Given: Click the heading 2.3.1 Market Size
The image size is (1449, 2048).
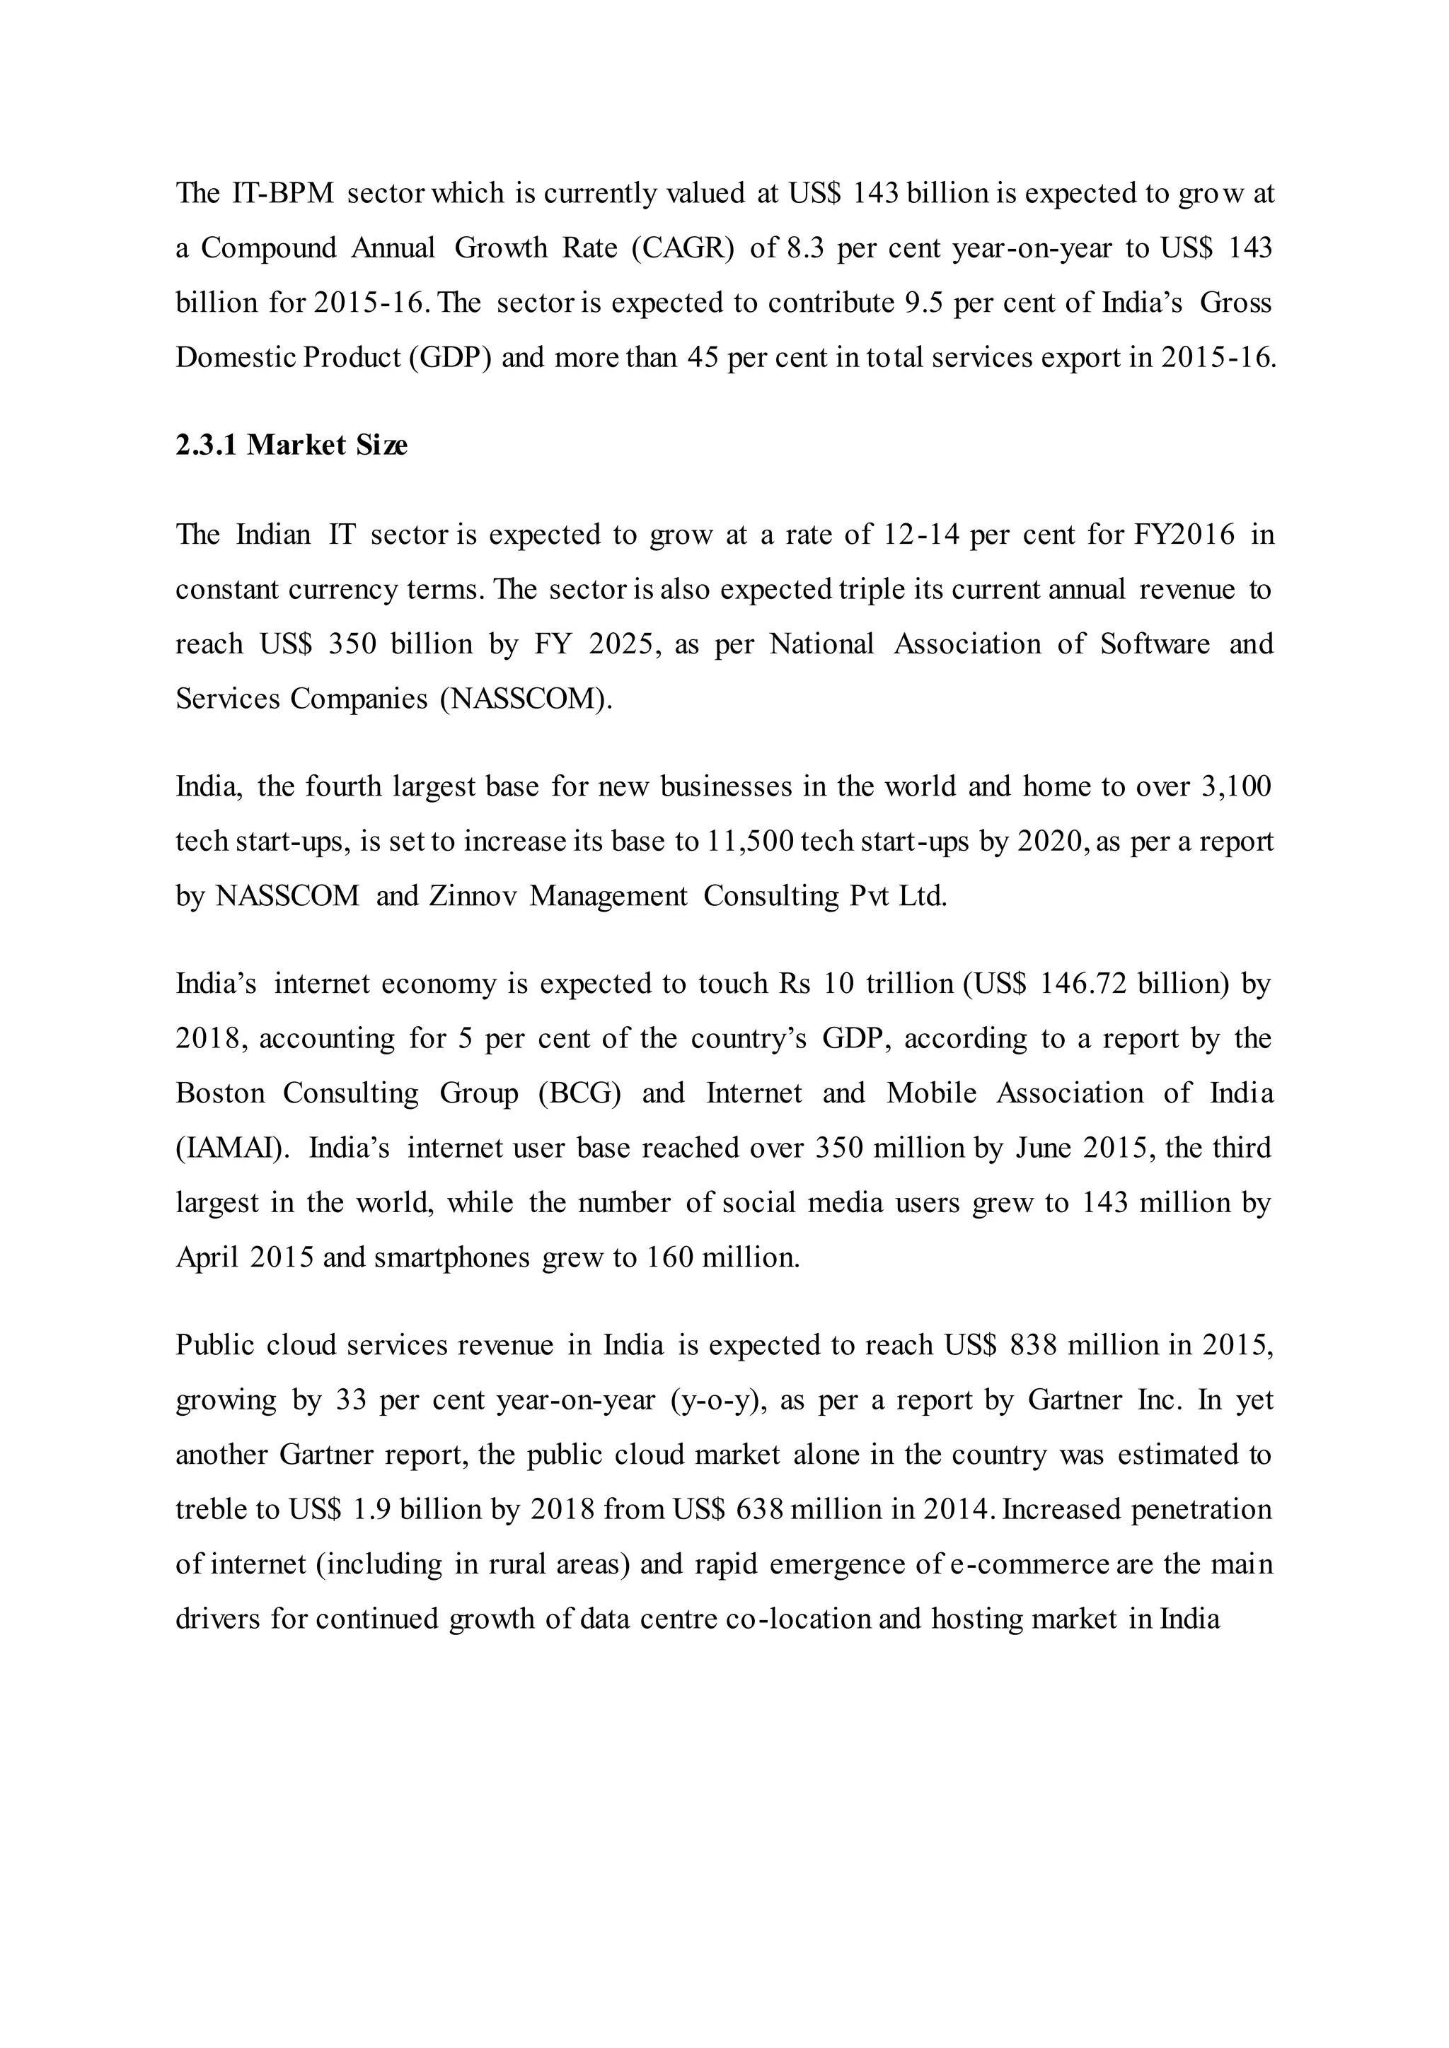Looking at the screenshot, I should point(291,445).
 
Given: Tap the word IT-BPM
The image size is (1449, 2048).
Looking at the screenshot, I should point(282,192).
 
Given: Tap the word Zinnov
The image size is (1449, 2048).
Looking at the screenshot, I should point(472,895).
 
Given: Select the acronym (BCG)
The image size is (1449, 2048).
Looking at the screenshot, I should point(580,1093).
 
